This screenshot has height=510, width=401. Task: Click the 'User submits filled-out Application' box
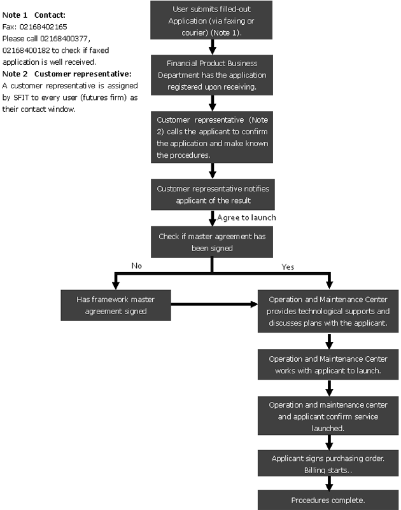[211, 20]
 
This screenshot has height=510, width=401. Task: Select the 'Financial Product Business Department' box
[212, 75]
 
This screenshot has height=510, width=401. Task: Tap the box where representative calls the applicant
[212, 137]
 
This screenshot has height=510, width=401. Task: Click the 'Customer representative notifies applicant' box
[213, 195]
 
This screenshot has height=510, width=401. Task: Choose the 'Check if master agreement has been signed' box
[212, 242]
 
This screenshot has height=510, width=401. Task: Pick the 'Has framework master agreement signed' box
[116, 305]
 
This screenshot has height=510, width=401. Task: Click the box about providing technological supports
[328, 311]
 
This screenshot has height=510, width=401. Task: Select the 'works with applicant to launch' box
[328, 364]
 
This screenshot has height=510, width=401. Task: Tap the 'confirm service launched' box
[328, 416]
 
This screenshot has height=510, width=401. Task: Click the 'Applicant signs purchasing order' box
[328, 463]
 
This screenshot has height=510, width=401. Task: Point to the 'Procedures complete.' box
[328, 500]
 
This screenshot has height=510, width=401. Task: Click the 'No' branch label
[137, 266]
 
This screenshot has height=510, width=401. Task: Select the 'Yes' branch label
[288, 267]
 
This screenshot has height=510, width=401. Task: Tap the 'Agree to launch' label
[246, 217]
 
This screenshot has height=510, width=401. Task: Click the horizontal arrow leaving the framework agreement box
[214, 305]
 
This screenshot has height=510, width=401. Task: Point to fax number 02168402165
[43, 27]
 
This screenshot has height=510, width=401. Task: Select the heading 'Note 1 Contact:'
[34, 15]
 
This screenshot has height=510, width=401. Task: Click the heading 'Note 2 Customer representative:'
[67, 74]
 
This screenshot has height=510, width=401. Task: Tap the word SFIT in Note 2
[21, 97]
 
